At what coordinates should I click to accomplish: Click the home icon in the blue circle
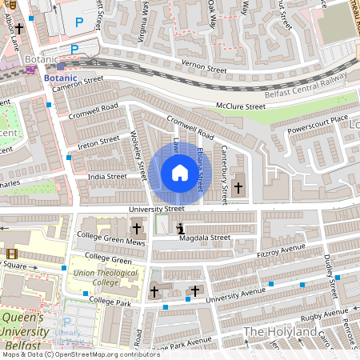pyautogui.click(x=179, y=173)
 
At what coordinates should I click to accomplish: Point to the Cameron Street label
pyautogui.click(x=78, y=84)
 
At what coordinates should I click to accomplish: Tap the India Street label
pyautogui.click(x=106, y=176)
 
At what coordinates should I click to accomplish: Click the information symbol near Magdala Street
pyautogui.click(x=179, y=228)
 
